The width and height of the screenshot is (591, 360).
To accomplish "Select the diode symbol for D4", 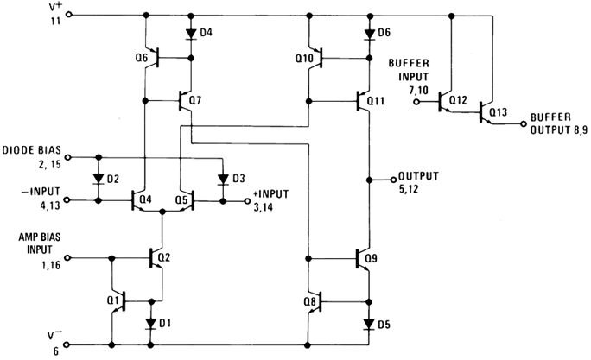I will click(x=190, y=35).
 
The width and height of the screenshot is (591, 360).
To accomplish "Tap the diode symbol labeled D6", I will click(x=370, y=33).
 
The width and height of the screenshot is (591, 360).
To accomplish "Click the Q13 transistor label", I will click(x=499, y=111).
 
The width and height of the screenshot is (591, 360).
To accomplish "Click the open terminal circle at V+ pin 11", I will click(x=70, y=15).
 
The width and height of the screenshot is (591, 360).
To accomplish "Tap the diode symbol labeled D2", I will click(x=98, y=180).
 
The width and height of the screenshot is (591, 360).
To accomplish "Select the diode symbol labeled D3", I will click(x=222, y=180).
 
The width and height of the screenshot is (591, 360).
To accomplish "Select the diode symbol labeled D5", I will click(x=370, y=324).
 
